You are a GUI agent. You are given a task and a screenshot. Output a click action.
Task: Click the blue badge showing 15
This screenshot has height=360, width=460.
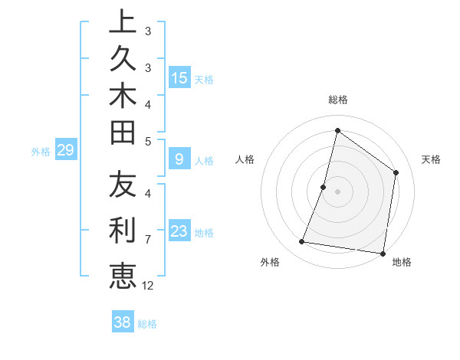pyautogui.click(x=179, y=78)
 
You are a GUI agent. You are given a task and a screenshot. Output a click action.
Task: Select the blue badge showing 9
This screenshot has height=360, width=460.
pyautogui.click(x=179, y=159)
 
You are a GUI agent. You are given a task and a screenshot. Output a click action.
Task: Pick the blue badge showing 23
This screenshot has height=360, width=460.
pyautogui.click(x=179, y=231)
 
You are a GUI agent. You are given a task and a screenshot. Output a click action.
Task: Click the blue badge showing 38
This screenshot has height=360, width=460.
pyautogui.click(x=122, y=322)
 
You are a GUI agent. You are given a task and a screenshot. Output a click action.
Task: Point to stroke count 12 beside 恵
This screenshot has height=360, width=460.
pyautogui.click(x=148, y=285)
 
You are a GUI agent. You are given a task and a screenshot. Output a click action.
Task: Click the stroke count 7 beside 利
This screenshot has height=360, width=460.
pyautogui.click(x=147, y=240)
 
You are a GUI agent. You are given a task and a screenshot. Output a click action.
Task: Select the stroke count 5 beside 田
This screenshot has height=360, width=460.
pyautogui.click(x=147, y=141)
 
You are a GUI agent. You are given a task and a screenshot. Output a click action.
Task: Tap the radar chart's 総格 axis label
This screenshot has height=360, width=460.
pyautogui.click(x=337, y=100)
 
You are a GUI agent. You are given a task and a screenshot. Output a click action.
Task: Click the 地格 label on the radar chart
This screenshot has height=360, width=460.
pyautogui.click(x=402, y=262)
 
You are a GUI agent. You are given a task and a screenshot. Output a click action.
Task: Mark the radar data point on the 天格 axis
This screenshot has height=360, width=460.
pyautogui.click(x=396, y=172)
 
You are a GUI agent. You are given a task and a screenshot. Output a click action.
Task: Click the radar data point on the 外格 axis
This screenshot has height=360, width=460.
pyautogui.click(x=302, y=242)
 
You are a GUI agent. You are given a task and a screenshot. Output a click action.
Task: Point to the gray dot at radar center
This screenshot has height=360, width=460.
pyautogui.click(x=337, y=191)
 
